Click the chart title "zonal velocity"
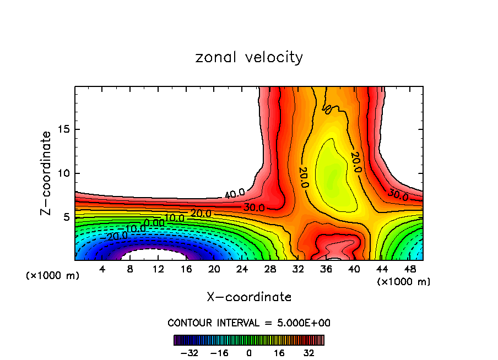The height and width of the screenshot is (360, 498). click(x=249, y=57)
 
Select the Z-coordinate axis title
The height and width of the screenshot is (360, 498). click(x=47, y=173)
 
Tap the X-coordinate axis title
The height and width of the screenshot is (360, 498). click(x=249, y=297)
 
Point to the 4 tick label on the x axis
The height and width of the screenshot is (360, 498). click(x=102, y=269)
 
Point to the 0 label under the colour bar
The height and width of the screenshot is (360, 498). click(x=249, y=352)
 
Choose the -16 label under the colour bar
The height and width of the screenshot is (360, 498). click(x=219, y=352)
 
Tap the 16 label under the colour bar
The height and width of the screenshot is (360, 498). click(x=279, y=352)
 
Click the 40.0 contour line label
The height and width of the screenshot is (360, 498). click(x=235, y=194)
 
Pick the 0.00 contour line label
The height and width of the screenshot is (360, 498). click(x=154, y=222)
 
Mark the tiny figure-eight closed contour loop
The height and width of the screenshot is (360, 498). click(x=328, y=109)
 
